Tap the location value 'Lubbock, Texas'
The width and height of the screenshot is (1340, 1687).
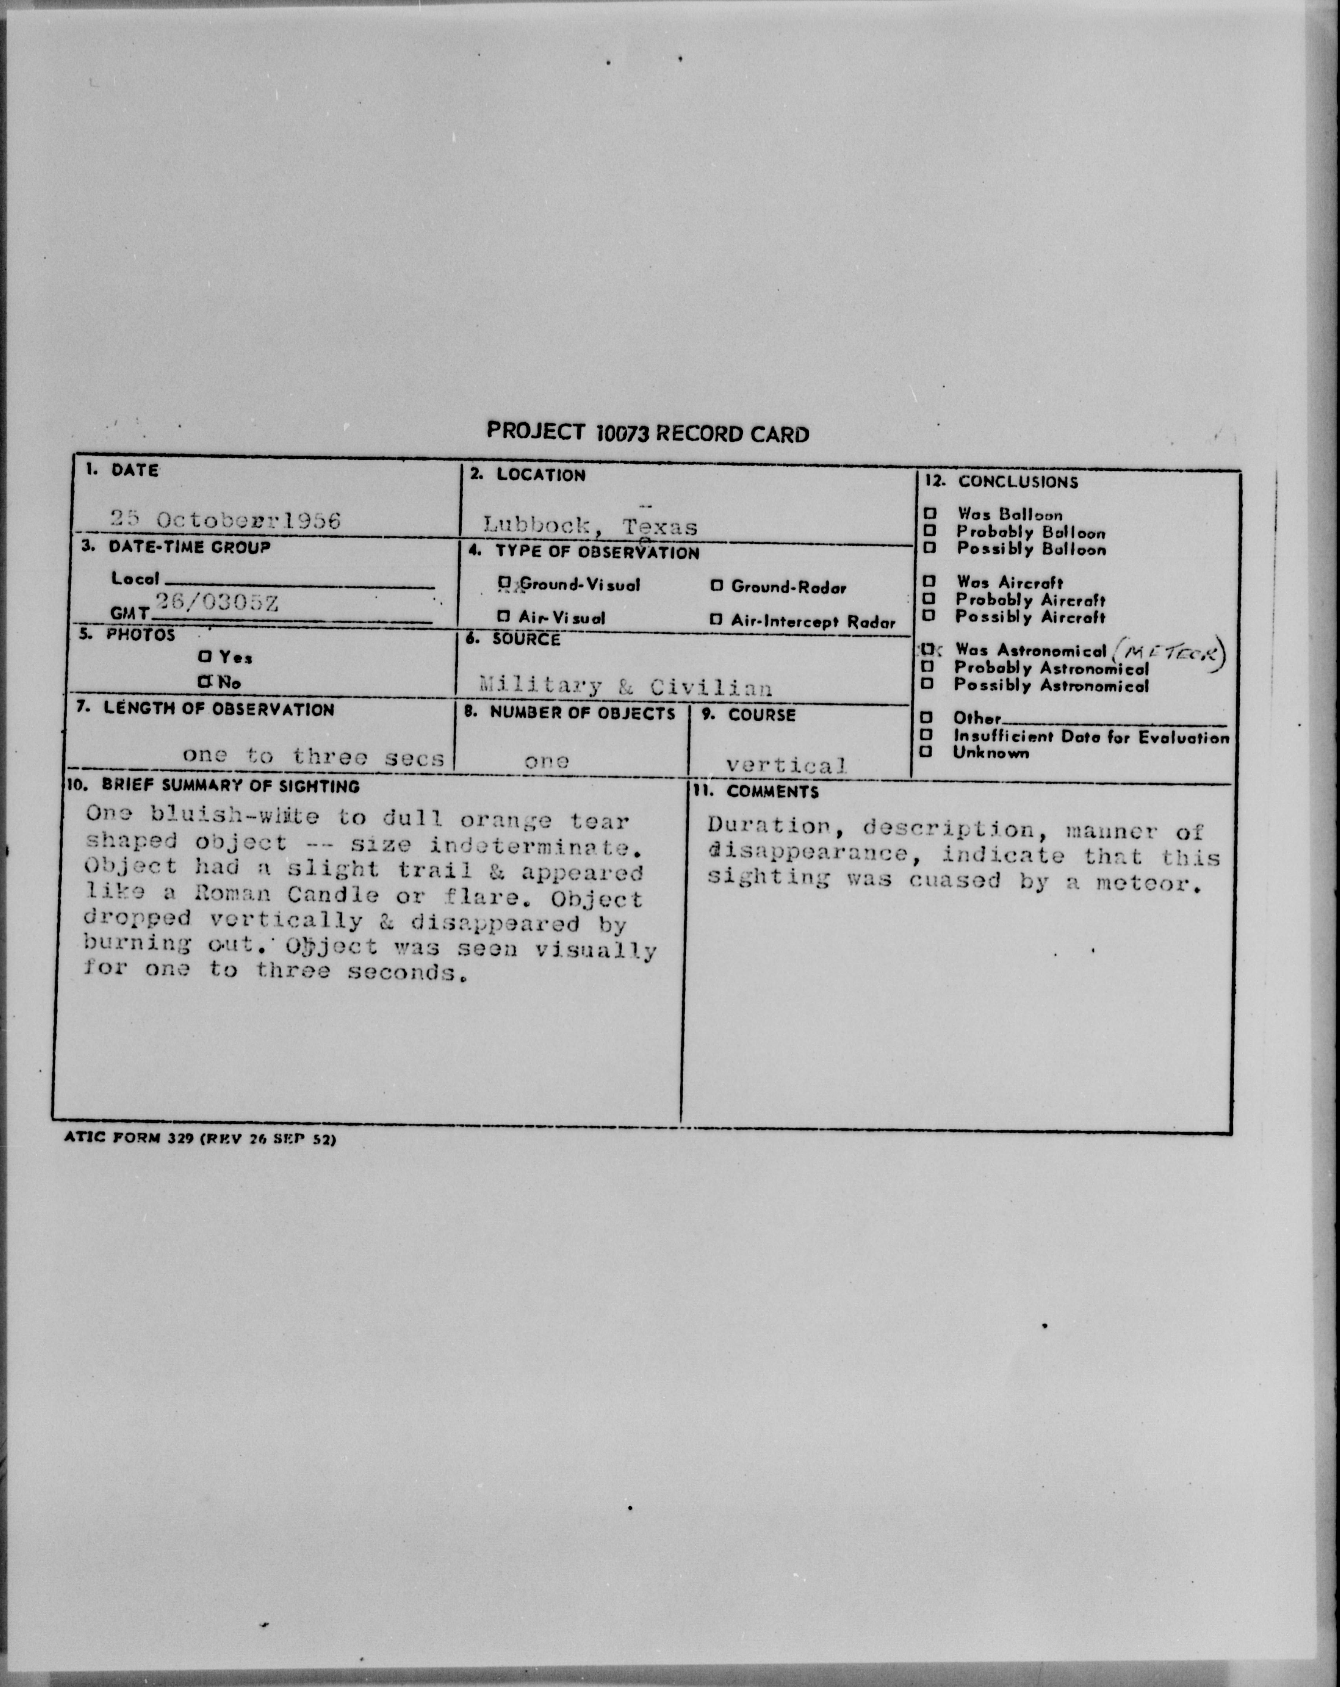click(x=590, y=526)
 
